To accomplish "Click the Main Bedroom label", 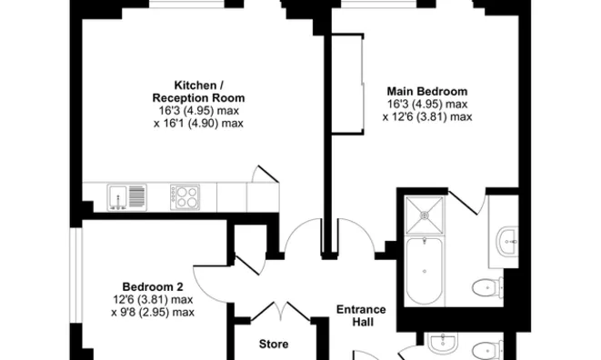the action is pos(427,91).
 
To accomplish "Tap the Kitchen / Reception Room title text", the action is pos(198,91).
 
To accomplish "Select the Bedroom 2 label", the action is pos(153,286).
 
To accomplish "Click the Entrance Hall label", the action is pos(361,315).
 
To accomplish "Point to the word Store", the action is pos(274,344).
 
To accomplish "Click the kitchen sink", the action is pos(127,197).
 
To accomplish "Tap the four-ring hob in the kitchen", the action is pos(185,197).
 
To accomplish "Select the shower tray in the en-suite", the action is pos(425,215).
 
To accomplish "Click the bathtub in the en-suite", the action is pos(425,271).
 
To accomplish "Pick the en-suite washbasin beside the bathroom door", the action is pos(506,242).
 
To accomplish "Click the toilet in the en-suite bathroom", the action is pos(488,286).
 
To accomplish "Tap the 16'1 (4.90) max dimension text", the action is pos(198,124).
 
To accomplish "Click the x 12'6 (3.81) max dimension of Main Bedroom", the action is pos(427,116).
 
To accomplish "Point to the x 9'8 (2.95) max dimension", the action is pos(153,312).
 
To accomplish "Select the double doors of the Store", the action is pos(280,311).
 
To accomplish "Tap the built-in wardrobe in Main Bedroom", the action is pos(347,85).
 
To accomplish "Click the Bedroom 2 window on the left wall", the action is pos(75,275).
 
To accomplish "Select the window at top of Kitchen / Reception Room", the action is pos(186,4).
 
